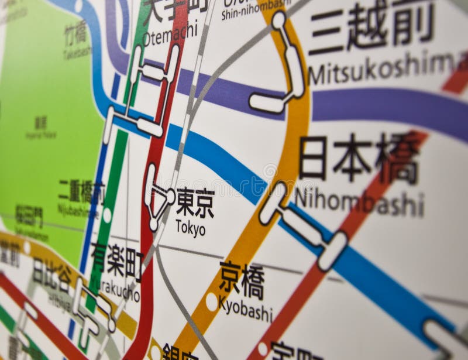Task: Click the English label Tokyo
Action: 191,228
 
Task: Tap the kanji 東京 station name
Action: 195,203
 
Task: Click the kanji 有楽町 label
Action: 117,261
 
